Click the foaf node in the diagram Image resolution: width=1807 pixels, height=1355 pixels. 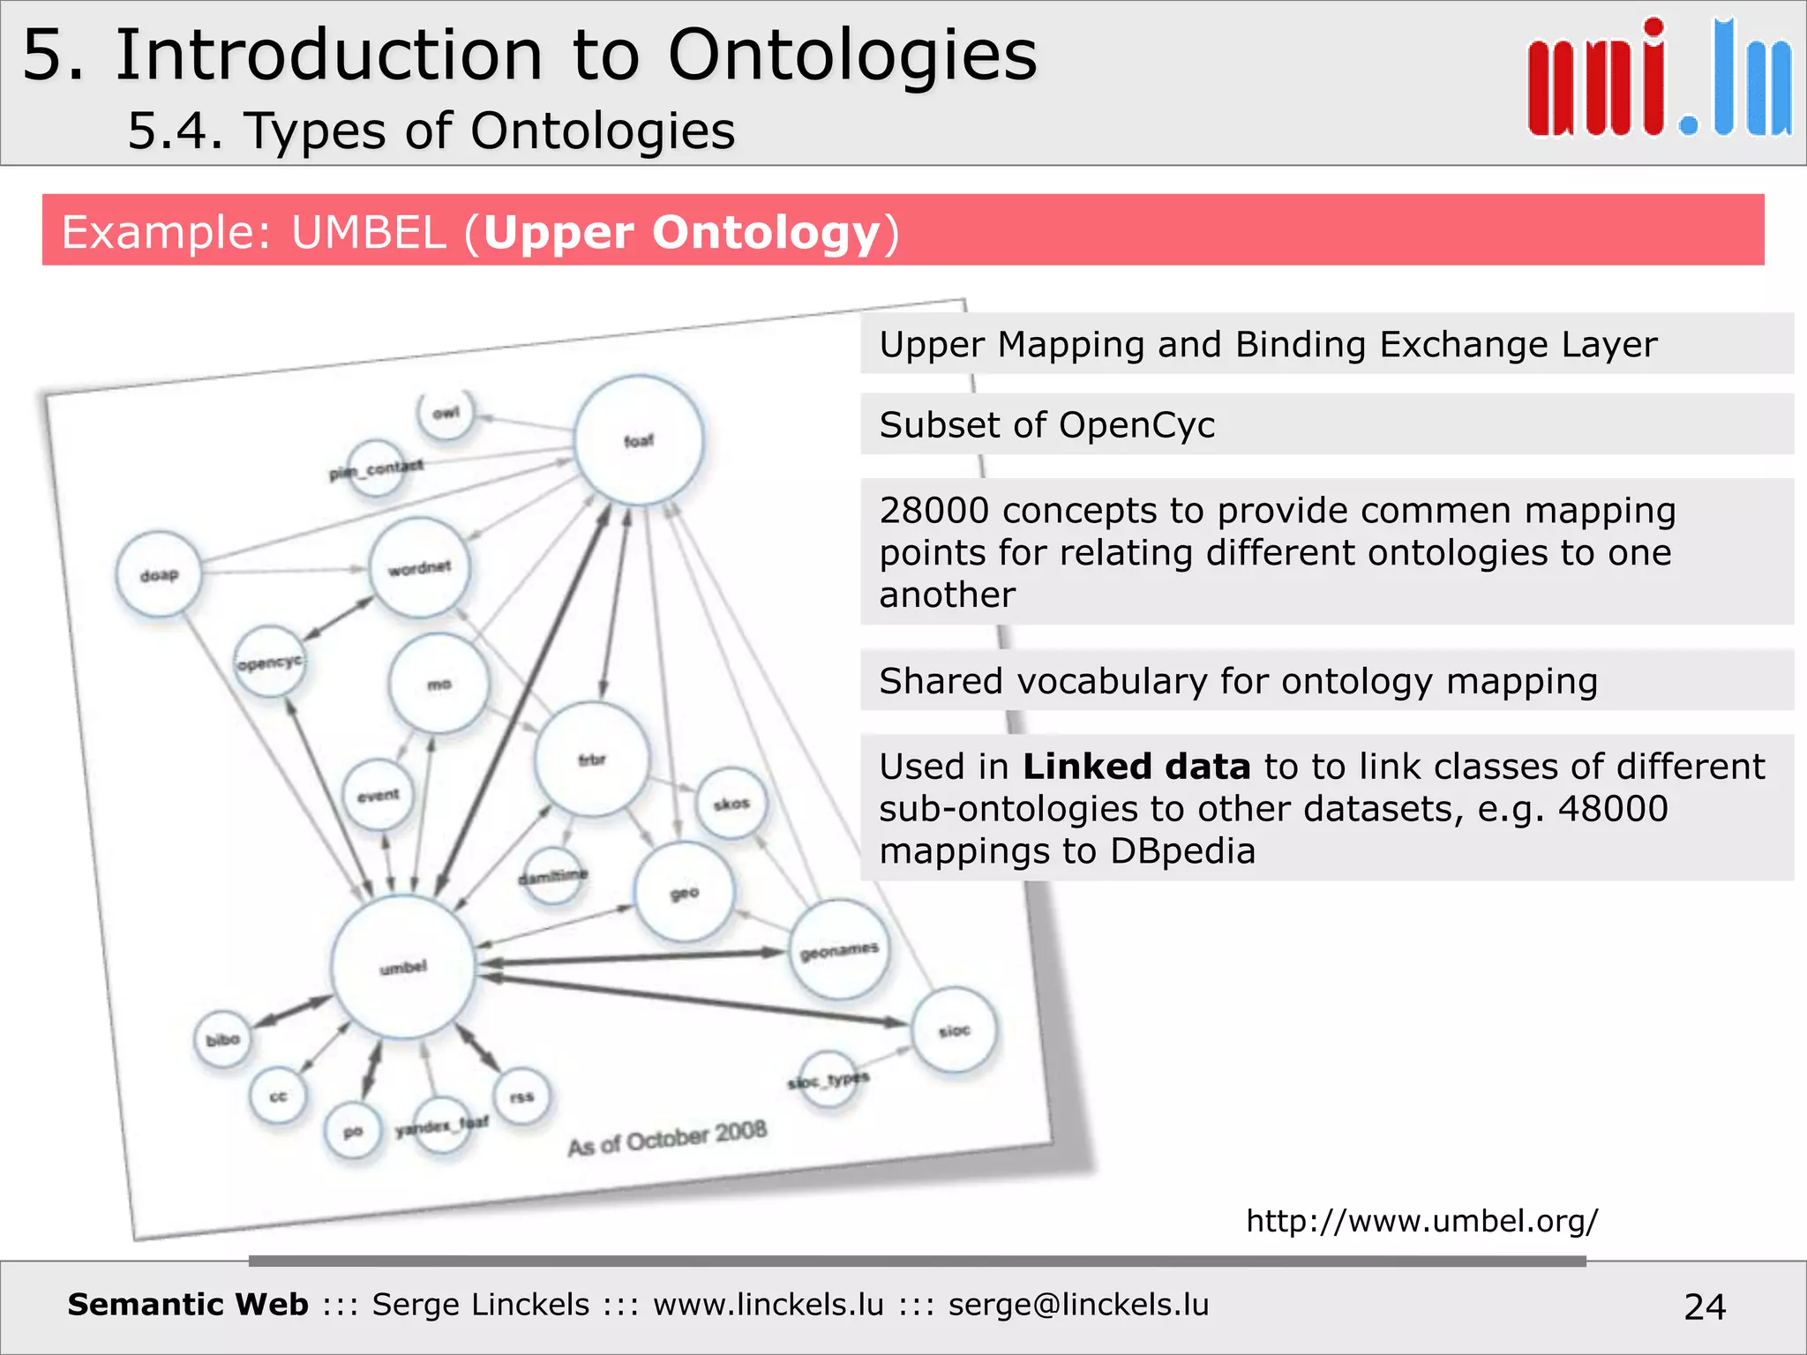(639, 440)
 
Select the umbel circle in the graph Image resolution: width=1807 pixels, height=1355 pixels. (404, 967)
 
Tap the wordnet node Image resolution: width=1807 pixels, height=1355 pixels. (420, 567)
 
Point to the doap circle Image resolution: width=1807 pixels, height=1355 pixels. (160, 575)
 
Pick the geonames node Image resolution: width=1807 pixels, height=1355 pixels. (839, 950)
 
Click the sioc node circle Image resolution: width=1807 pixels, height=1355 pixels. (955, 1030)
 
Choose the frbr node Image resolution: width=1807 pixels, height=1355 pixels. (592, 760)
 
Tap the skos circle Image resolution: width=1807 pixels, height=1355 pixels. (731, 804)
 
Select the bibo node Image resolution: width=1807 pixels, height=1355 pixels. (223, 1040)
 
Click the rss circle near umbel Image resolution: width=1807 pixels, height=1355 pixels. (521, 1097)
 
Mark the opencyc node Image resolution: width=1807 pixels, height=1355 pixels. (270, 662)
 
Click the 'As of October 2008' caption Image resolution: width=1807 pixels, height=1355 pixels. (667, 1138)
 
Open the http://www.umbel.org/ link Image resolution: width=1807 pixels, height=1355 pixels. (1421, 1221)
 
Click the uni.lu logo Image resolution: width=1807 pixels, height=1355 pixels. (1659, 79)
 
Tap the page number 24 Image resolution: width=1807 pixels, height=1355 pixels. (1705, 1306)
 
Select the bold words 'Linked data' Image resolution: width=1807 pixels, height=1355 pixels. (1136, 767)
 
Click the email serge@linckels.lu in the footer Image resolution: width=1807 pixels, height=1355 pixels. (1078, 1305)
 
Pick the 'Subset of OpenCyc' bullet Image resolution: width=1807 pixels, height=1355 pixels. (1047, 425)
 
